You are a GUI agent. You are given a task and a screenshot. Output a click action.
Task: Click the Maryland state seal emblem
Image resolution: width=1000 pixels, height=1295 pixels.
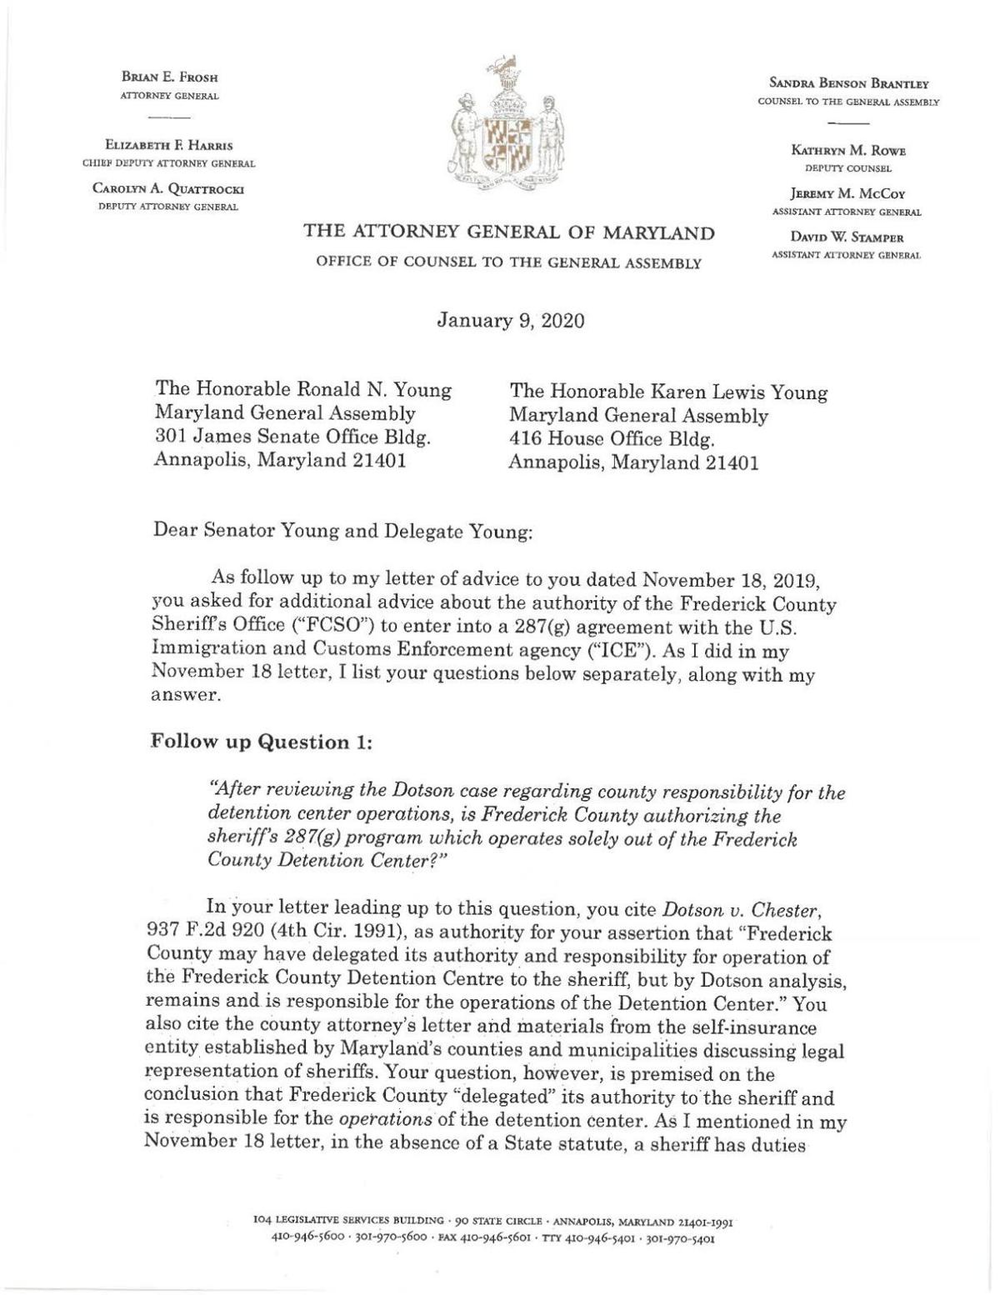point(501,127)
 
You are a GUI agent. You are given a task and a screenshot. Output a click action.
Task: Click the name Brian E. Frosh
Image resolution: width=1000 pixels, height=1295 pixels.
point(169,77)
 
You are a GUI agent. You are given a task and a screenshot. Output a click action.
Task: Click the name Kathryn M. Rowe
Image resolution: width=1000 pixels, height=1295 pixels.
point(848,151)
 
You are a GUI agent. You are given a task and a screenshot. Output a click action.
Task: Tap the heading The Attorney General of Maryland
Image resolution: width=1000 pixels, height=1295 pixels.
point(508,232)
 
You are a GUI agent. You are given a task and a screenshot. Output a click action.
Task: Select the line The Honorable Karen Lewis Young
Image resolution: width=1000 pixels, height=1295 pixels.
point(668,392)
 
